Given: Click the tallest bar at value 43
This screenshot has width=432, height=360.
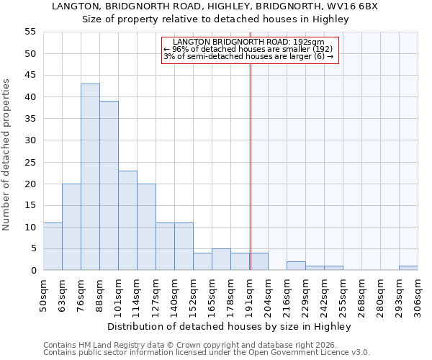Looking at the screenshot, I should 90,177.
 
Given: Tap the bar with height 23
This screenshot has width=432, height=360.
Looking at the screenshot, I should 127,220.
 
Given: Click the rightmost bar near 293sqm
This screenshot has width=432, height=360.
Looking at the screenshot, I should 408,268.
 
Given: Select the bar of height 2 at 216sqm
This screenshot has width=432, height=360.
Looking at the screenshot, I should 296,266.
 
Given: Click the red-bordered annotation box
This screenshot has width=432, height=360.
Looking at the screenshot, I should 249,50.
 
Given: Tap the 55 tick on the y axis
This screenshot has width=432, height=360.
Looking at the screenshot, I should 30,32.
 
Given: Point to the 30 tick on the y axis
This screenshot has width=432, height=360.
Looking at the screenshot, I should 30,140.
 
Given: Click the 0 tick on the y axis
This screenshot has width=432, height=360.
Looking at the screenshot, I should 33,271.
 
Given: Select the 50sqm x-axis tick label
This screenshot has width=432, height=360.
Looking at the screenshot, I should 44,294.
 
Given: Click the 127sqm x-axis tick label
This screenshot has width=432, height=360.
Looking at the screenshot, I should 156,294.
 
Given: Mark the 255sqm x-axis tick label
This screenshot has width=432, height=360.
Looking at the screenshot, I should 343,294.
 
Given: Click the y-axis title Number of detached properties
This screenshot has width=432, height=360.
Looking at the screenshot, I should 7,155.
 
